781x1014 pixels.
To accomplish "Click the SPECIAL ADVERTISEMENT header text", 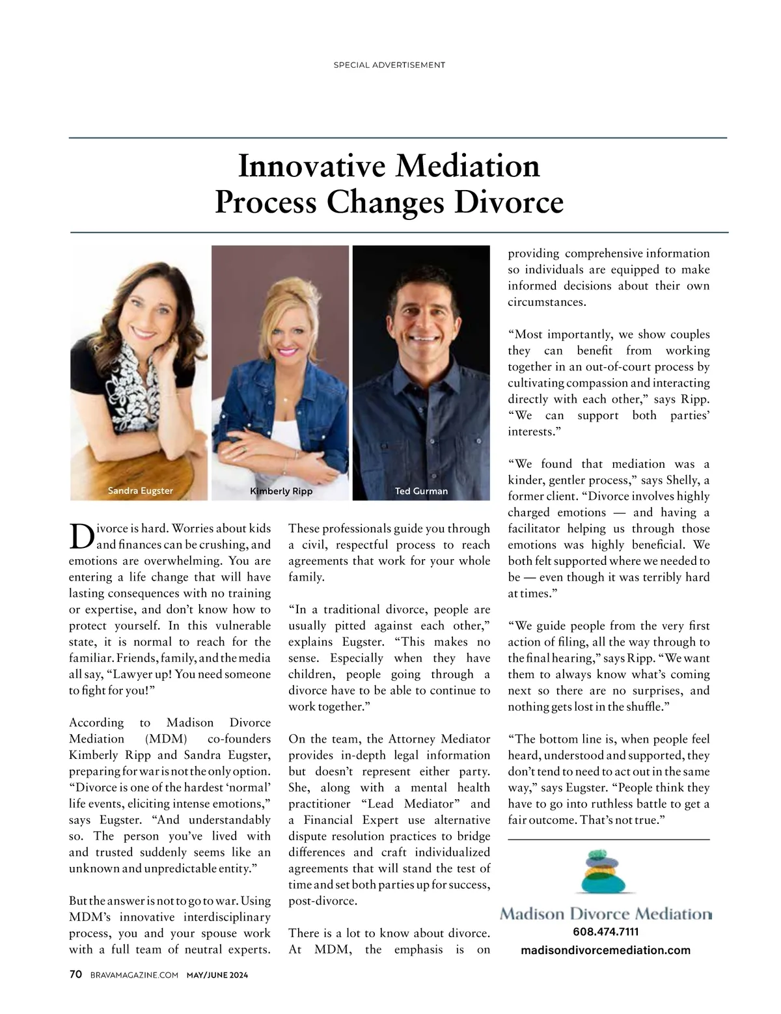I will [x=389, y=65].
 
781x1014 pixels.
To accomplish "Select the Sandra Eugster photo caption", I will [x=140, y=491].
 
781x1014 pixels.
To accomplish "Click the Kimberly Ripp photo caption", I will [x=281, y=491].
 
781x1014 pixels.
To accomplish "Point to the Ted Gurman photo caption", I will [x=421, y=491].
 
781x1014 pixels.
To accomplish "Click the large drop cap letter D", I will [x=81, y=536].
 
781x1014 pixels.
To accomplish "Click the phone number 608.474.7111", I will [x=605, y=932].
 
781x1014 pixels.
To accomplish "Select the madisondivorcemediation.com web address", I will [x=605, y=950].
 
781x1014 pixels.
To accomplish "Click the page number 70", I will [x=75, y=974].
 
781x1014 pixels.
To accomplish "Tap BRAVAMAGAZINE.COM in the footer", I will [x=134, y=975].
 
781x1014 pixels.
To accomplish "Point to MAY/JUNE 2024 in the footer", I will [x=217, y=975].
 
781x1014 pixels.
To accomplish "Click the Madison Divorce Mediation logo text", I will [x=605, y=914].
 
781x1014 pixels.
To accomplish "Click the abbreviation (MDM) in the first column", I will [x=165, y=739].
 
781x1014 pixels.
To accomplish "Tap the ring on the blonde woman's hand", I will [x=243, y=450].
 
